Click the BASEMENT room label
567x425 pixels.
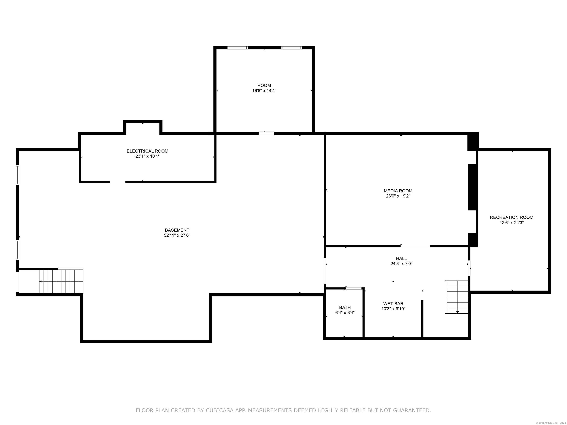[177, 230]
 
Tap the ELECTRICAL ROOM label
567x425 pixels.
[147, 151]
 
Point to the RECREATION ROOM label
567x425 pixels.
[511, 217]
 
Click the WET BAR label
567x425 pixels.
[393, 304]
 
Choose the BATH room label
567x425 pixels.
[345, 307]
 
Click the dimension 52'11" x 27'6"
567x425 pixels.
[177, 235]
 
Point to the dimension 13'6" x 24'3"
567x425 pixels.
[511, 223]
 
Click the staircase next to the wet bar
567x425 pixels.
[456, 297]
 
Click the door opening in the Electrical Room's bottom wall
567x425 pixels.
[118, 182]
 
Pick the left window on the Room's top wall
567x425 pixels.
[238, 48]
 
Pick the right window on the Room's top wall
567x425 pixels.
[291, 48]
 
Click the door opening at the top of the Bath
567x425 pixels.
[354, 288]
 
